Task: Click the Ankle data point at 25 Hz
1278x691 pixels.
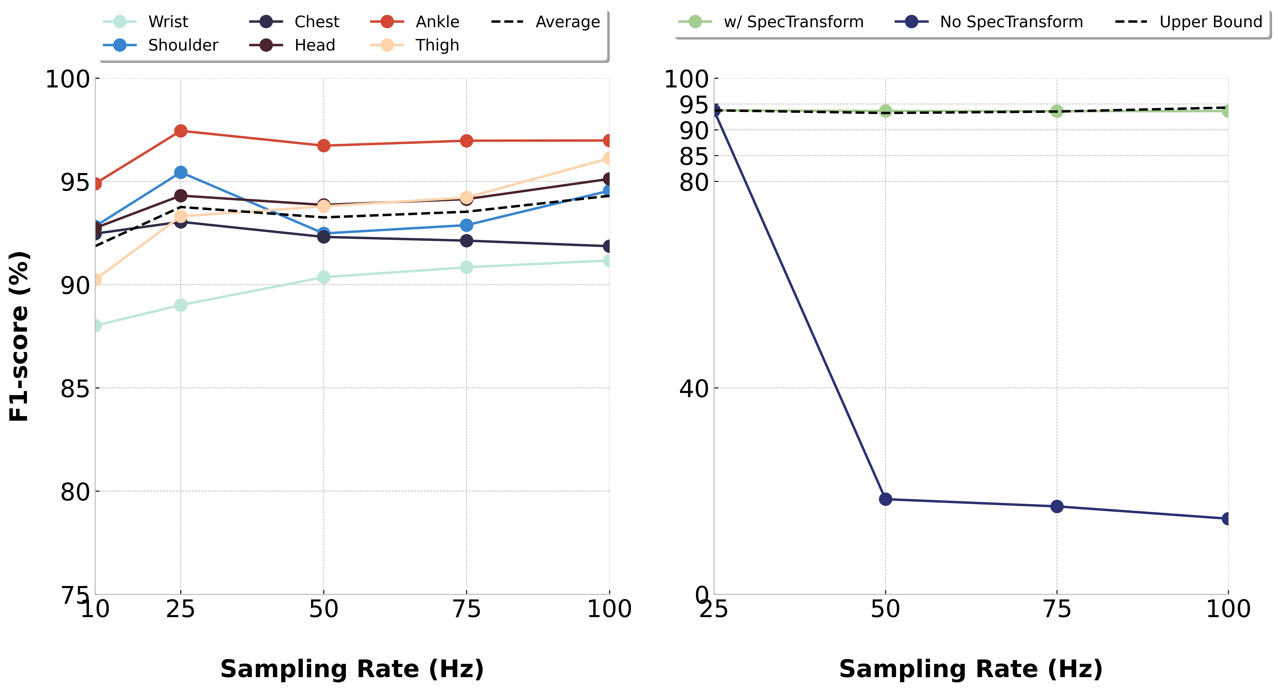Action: pyautogui.click(x=181, y=131)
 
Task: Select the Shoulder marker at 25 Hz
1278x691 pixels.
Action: pyautogui.click(x=181, y=172)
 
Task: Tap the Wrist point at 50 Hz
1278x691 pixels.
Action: pyautogui.click(x=323, y=277)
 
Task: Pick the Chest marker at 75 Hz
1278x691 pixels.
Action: pyautogui.click(x=466, y=241)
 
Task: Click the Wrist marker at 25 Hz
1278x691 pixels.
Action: pyautogui.click(x=181, y=305)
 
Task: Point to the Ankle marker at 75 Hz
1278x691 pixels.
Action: pyautogui.click(x=466, y=141)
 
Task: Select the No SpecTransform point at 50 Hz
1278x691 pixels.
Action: pyautogui.click(x=886, y=499)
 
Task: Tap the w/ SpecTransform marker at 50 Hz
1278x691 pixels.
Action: pyautogui.click(x=886, y=111)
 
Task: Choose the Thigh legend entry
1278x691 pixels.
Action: pyautogui.click(x=415, y=45)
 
